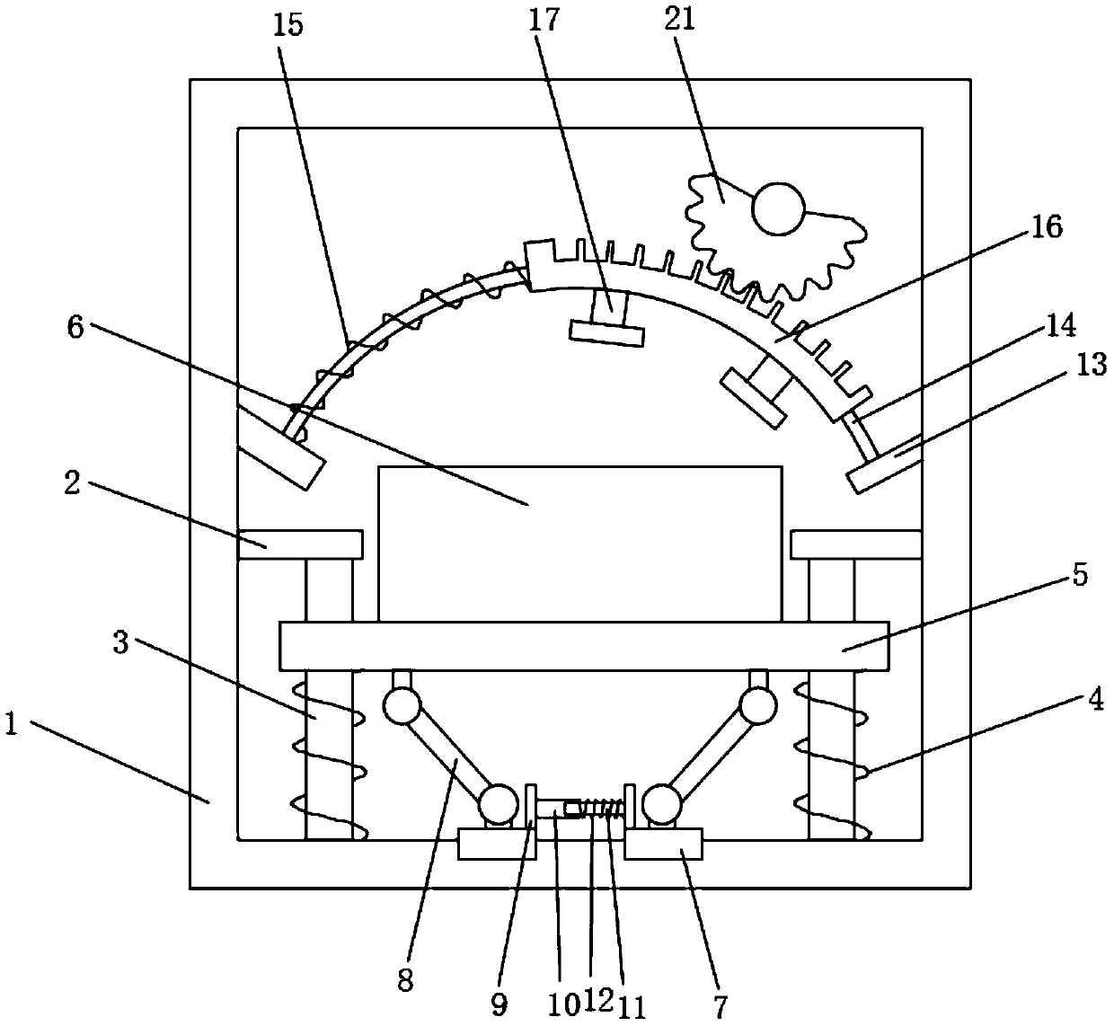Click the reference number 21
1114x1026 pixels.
click(680, 20)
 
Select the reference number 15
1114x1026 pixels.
click(289, 23)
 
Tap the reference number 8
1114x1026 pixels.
click(404, 982)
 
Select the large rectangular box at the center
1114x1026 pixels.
click(579, 544)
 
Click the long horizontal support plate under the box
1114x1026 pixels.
click(584, 645)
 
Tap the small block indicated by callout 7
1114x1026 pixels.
click(663, 845)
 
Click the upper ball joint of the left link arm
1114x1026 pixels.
click(401, 706)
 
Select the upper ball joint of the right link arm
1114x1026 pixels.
click(758, 706)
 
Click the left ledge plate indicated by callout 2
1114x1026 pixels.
click(300, 544)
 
